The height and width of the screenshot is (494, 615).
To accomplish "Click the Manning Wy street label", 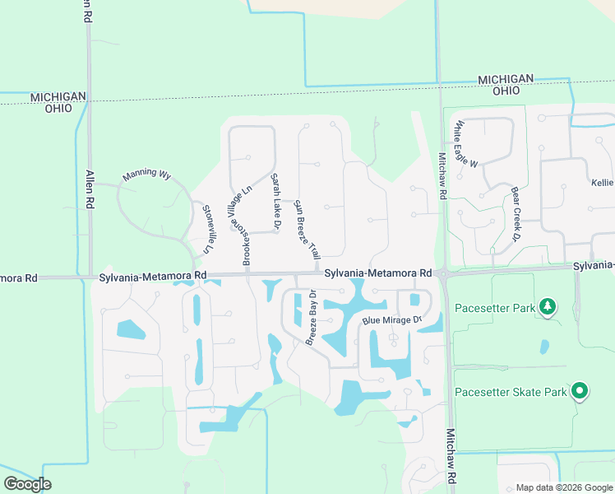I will pos(146,175).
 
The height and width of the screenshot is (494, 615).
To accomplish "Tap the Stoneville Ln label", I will pos(208,228).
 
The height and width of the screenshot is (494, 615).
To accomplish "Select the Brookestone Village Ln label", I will pos(238,226).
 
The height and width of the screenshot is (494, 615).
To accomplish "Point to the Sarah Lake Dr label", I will pos(277,201).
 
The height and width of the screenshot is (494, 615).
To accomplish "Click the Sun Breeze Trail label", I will pos(306,231).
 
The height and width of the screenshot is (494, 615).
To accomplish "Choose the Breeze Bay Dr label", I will pos(312,318).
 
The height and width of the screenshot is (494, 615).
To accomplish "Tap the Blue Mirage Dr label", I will pos(391,319).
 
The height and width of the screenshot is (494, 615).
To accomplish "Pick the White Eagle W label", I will pos(465,145).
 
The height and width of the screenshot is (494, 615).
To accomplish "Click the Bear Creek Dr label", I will pos(517,214).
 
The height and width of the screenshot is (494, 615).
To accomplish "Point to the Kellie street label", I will pos(602,182).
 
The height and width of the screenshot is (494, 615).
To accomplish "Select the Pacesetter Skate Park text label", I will pos(511,392).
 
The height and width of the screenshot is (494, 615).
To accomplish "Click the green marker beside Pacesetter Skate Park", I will pos(580,392).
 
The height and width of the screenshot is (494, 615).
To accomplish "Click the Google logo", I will pos(27,483).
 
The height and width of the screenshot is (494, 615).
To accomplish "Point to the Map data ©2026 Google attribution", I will pos(564,487).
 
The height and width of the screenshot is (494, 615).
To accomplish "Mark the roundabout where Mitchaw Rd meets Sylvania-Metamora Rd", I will pos(442,273).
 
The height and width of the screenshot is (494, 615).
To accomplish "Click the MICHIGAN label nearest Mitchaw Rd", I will pos(506,79).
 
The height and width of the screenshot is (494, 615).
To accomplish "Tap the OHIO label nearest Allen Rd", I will pos(58,108).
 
